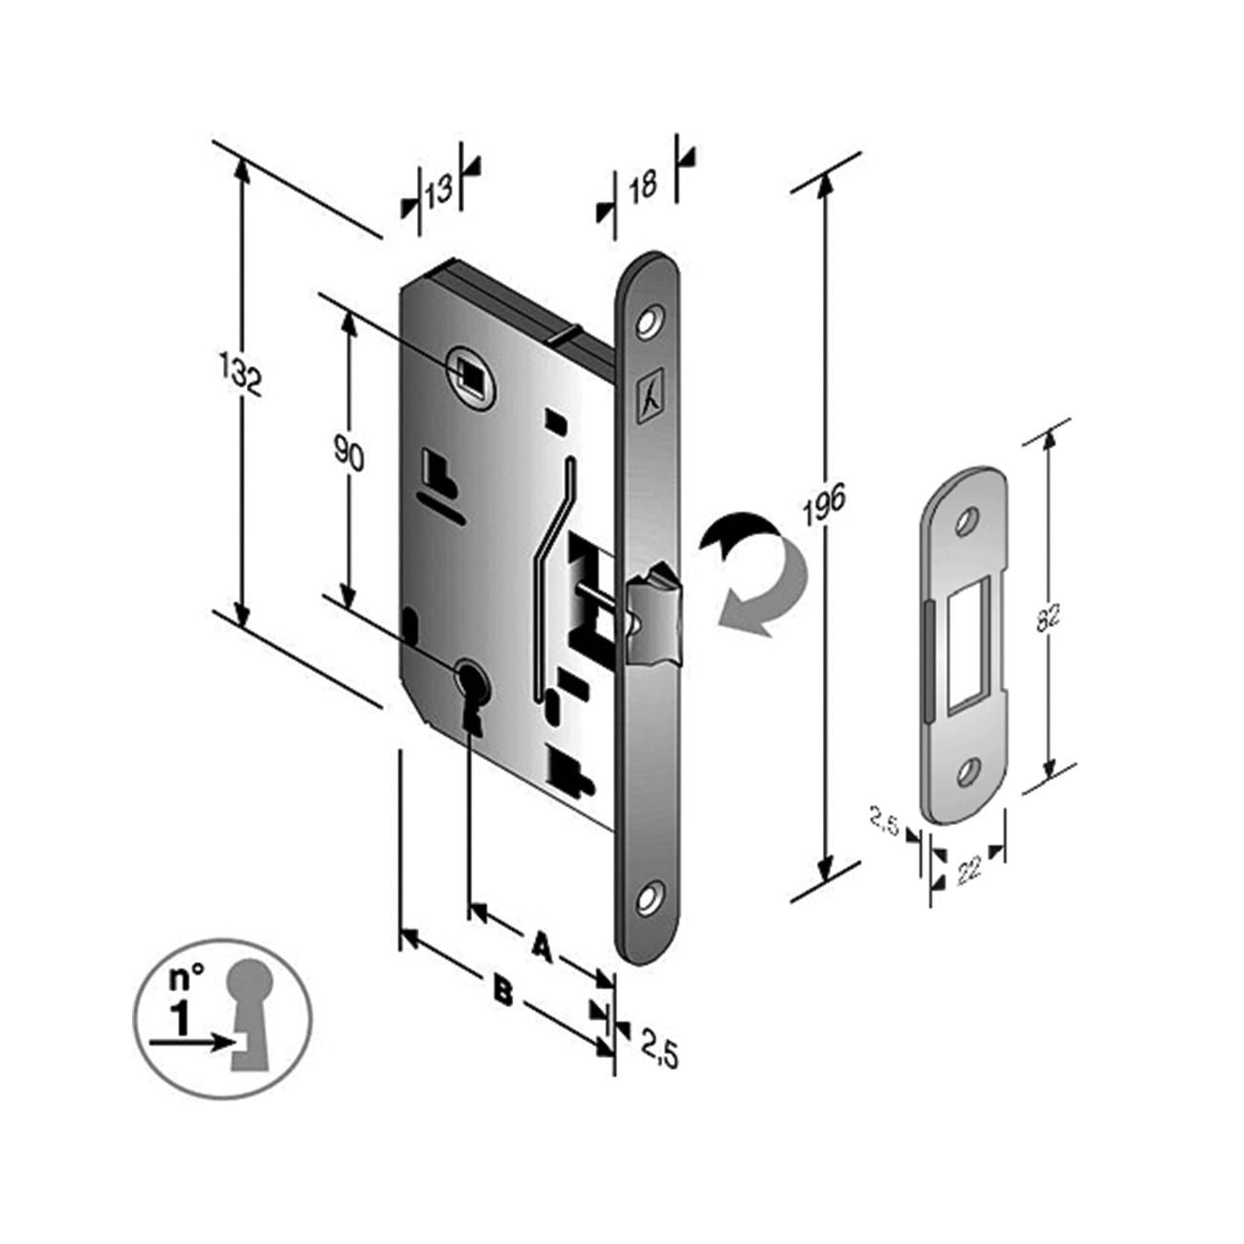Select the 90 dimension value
pyautogui.click(x=349, y=455)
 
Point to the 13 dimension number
pyautogui.click(x=439, y=190)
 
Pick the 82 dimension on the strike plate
pyautogui.click(x=1047, y=618)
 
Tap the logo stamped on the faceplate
pyautogui.click(x=650, y=402)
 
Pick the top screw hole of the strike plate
pyautogui.click(x=966, y=521)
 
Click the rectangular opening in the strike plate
pyautogui.click(x=967, y=645)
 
